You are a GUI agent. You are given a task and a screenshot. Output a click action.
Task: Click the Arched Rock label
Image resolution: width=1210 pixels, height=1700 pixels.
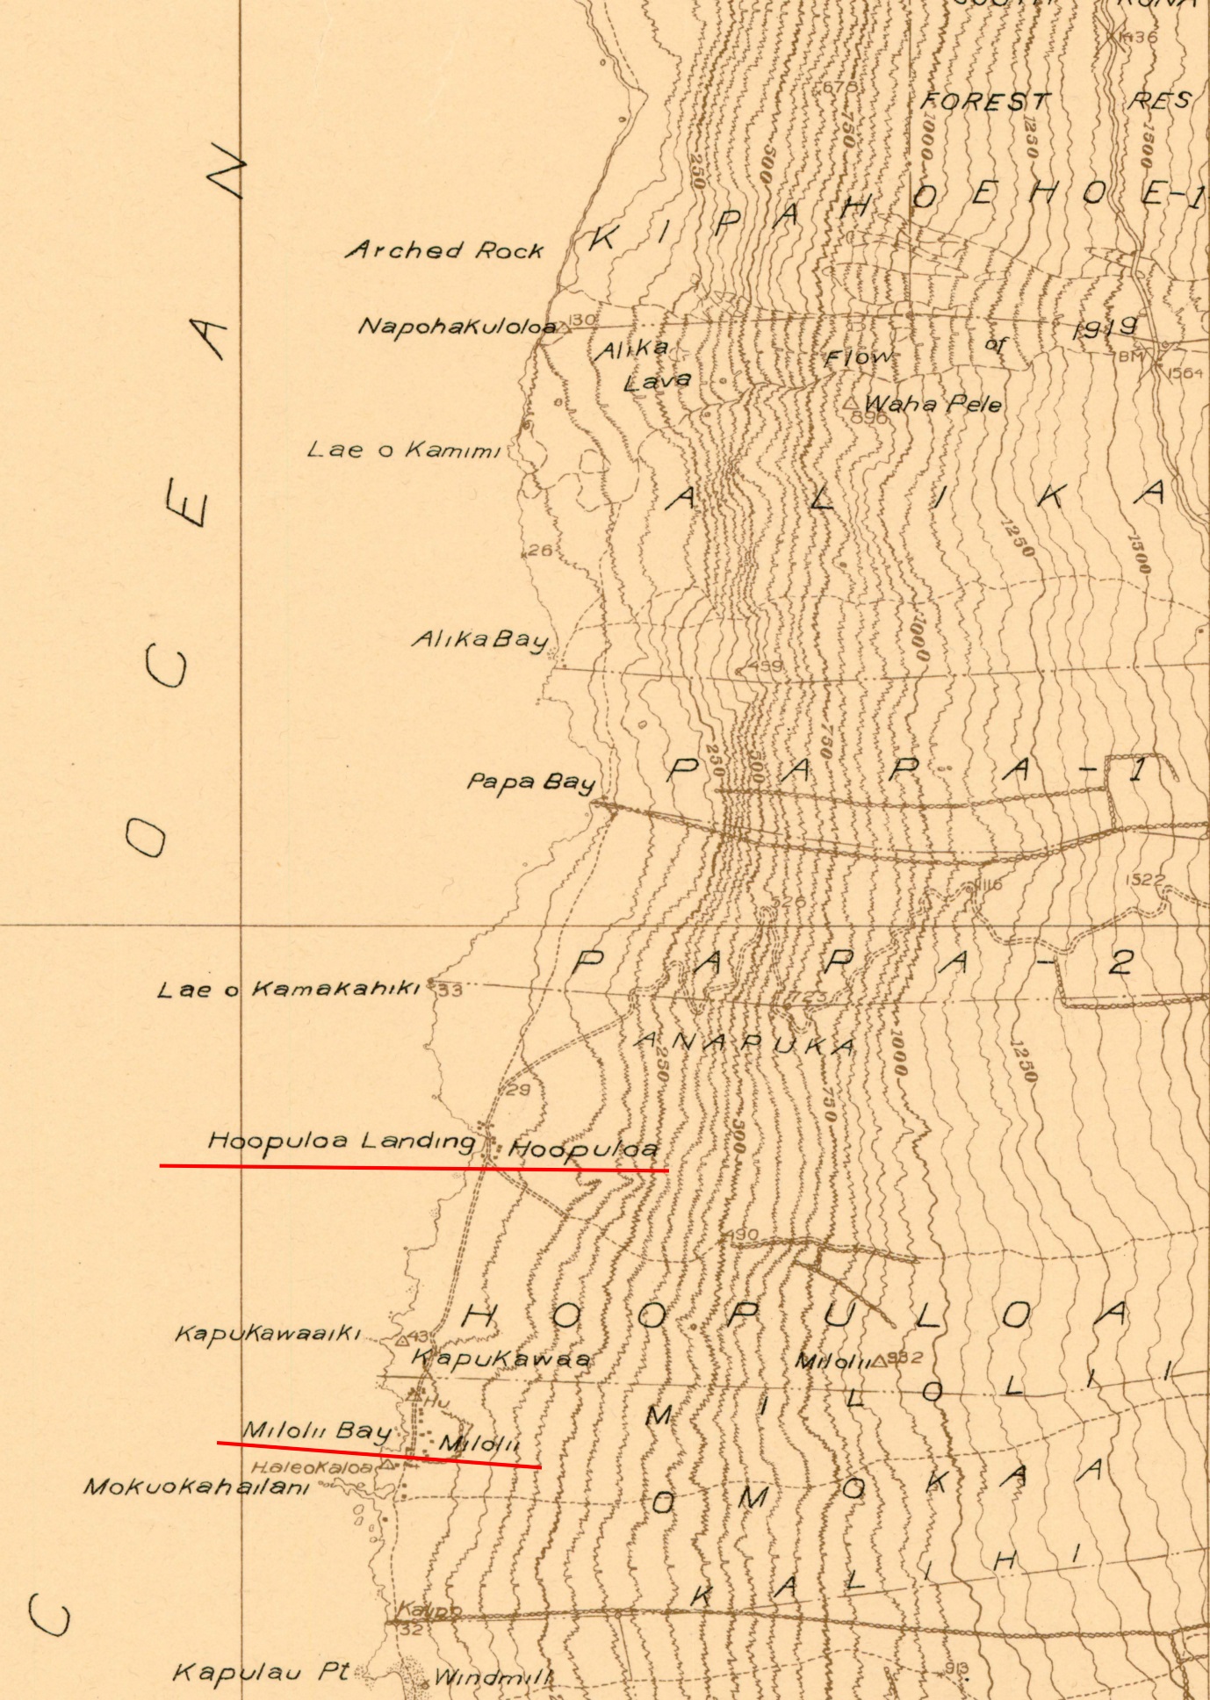click(x=445, y=250)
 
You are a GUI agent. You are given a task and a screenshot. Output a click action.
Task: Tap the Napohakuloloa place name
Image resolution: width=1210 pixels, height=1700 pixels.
click(x=457, y=327)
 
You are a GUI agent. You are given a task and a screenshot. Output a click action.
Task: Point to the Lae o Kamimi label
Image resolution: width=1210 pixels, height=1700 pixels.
click(x=404, y=450)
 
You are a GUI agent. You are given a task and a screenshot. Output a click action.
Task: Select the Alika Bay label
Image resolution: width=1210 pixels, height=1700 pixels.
click(x=480, y=639)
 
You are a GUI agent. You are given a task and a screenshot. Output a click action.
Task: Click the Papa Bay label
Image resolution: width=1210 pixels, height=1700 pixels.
click(x=531, y=782)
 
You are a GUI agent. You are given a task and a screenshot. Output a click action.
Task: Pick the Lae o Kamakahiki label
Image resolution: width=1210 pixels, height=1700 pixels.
click(x=290, y=990)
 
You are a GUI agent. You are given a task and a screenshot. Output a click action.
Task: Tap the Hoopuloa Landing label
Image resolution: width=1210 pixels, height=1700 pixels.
click(x=342, y=1142)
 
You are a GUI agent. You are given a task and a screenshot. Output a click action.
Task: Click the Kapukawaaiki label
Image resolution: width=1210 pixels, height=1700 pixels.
click(x=268, y=1334)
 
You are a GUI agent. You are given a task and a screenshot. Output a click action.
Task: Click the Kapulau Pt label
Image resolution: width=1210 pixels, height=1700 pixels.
click(x=262, y=1672)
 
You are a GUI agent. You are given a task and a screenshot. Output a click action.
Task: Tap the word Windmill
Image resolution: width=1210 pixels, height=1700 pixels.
click(x=493, y=1677)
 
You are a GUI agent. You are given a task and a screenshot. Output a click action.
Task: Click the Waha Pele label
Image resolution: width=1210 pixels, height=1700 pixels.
click(x=933, y=404)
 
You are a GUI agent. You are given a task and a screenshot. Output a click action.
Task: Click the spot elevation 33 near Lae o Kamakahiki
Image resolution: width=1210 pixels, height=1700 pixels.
click(x=450, y=990)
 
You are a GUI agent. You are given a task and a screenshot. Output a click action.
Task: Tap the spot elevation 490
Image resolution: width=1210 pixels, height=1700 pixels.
click(x=742, y=1235)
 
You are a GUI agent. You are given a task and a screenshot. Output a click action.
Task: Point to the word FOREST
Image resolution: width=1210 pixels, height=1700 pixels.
click(x=985, y=102)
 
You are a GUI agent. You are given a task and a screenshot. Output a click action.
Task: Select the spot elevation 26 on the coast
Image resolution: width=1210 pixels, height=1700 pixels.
click(x=540, y=551)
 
